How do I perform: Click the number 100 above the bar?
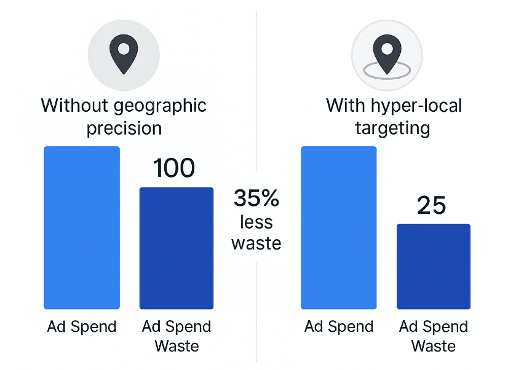174,168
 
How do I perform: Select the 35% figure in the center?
256,199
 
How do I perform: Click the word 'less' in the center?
256,221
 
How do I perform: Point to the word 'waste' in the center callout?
256,243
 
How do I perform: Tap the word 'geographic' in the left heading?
161,106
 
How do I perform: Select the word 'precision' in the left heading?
124,128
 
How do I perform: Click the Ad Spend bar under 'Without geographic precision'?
82,227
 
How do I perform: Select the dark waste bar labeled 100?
177,248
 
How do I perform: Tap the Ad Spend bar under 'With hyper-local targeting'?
338,227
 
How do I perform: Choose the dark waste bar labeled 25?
434,266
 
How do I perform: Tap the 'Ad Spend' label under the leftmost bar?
82,326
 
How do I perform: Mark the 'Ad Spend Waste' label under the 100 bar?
177,336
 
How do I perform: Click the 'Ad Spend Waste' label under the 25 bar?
434,336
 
